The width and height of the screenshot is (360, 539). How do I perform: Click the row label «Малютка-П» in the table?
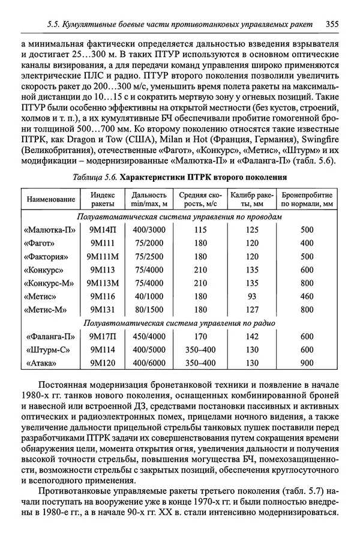pyautogui.click(x=52, y=230)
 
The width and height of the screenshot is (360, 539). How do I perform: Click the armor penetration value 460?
pyautogui.click(x=307, y=297)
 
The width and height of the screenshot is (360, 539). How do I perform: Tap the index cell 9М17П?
pyautogui.click(x=103, y=337)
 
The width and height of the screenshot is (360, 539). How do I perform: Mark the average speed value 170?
pyautogui.click(x=200, y=337)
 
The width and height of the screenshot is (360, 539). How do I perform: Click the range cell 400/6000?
pyautogui.click(x=148, y=363)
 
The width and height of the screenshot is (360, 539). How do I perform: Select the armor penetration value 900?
pyautogui.click(x=307, y=363)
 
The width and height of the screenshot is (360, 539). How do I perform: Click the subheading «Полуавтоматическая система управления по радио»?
pyautogui.click(x=179, y=324)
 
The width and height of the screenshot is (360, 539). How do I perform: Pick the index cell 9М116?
pyautogui.click(x=103, y=297)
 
